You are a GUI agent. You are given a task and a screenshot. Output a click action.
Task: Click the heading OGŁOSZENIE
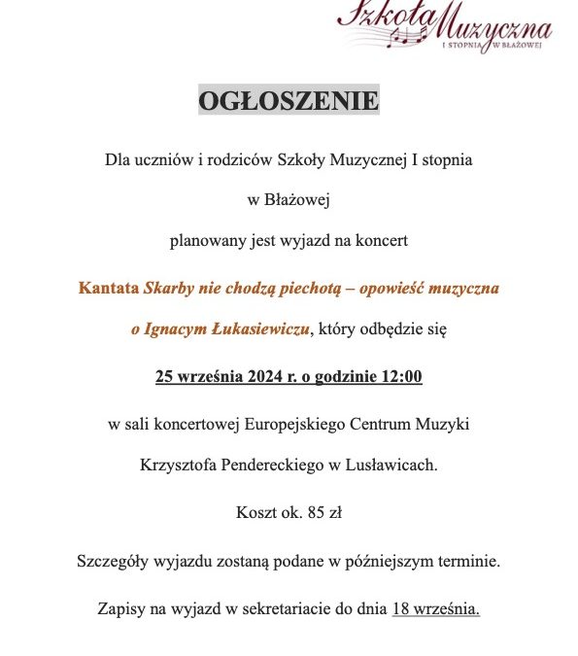coord(289,100)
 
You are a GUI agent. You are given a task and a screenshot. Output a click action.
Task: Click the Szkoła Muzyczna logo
coord(443,28)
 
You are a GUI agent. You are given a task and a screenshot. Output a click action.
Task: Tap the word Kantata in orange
coord(109,289)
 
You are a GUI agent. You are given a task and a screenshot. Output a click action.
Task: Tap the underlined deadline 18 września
coord(435,610)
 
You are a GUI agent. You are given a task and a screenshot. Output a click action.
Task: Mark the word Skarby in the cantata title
coord(167,289)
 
